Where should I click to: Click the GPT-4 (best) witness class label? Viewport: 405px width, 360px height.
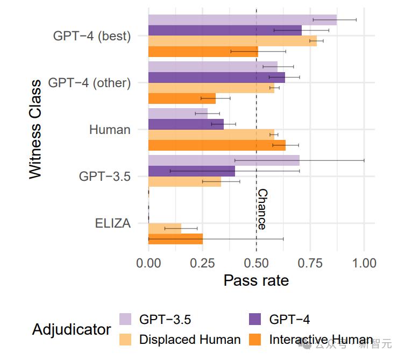tap(92, 36)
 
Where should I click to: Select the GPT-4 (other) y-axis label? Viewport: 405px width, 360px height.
tap(89, 83)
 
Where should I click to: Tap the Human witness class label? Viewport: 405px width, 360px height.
tap(110, 130)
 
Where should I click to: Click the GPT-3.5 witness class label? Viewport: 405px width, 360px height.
tap(105, 176)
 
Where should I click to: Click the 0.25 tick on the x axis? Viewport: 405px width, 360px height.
tap(202, 263)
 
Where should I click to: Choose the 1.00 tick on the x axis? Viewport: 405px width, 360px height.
tap(364, 263)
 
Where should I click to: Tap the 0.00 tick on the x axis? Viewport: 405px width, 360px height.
tap(148, 263)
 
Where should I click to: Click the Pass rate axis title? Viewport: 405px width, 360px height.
tap(256, 280)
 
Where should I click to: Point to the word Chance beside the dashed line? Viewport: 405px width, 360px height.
tap(262, 209)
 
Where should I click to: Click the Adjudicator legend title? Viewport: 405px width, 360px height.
tap(72, 329)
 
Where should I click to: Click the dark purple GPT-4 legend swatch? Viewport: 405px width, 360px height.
tap(257, 319)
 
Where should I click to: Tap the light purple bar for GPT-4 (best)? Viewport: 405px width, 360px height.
tap(242, 20)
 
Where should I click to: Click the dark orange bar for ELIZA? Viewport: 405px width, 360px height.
tap(175, 238)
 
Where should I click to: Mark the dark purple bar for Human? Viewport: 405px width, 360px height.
tap(186, 124)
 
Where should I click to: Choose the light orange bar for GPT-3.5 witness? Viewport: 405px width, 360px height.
tap(184, 181)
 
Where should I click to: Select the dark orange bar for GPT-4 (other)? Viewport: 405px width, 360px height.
tap(182, 98)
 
